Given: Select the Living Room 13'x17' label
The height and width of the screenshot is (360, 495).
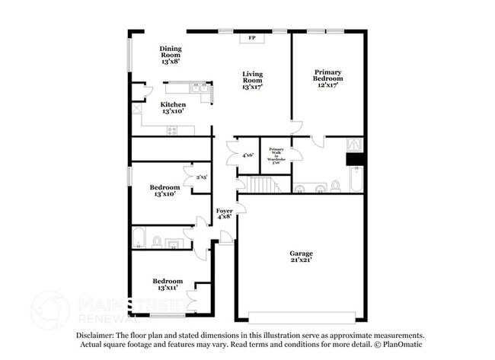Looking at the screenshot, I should (252, 81).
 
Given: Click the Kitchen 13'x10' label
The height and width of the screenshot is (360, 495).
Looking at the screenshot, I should (174, 107).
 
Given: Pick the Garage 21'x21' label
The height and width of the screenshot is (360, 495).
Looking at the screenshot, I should (300, 257).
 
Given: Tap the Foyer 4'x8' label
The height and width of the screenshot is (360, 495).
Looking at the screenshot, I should (224, 213).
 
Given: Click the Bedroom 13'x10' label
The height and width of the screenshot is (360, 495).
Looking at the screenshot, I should (164, 190).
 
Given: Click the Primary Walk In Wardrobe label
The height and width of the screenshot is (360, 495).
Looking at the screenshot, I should (276, 156).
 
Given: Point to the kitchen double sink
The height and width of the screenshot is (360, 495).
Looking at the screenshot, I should (200, 90).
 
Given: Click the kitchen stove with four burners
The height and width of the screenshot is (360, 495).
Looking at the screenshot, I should (172, 130).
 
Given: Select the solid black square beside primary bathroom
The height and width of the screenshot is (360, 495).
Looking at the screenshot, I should (356, 160).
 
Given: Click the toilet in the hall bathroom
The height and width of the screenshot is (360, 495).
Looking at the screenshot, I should (155, 243).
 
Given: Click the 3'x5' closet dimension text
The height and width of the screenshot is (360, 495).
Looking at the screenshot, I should (202, 177).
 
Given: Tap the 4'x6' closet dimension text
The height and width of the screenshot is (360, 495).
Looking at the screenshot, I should (247, 155).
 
